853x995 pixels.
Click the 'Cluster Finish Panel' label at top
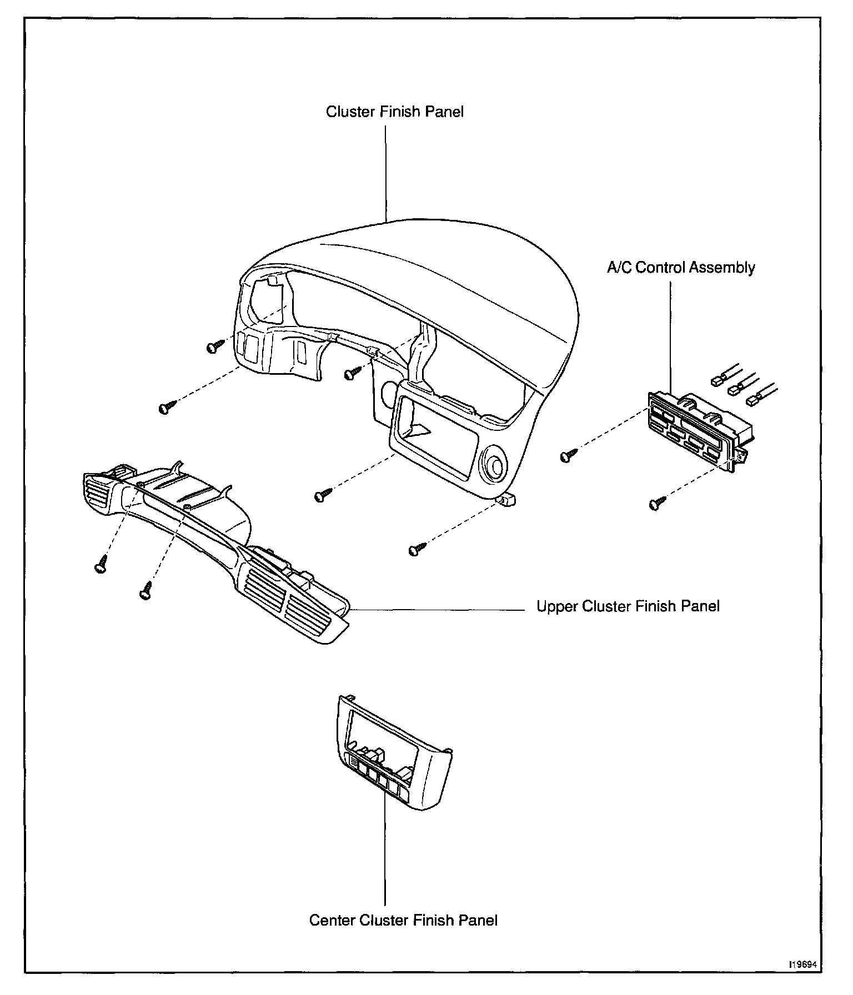(394, 112)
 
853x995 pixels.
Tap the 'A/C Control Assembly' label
(681, 268)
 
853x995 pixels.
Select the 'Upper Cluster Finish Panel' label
(628, 606)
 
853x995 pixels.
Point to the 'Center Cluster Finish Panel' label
(403, 920)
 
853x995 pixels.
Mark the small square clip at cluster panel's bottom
(508, 501)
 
